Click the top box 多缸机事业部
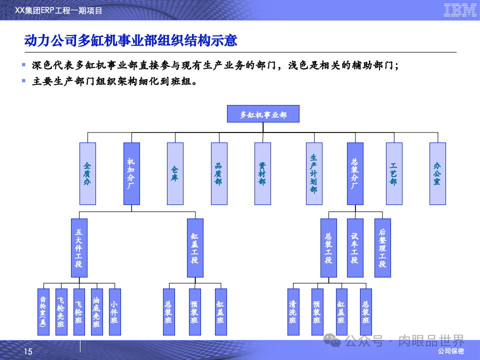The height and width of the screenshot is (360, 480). point(263,114)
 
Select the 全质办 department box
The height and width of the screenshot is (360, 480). point(87,173)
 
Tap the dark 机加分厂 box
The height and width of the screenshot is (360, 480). point(131,173)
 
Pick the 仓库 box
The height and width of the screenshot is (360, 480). point(175,173)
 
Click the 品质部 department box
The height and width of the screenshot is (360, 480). point(219,173)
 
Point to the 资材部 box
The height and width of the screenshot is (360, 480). point(262,173)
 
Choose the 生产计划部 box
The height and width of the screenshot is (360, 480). point(314,173)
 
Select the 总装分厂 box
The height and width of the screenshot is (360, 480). point(355,173)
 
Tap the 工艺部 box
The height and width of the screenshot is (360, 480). point(394,173)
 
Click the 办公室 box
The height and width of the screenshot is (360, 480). point(437,173)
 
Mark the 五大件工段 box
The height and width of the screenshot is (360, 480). point(79,248)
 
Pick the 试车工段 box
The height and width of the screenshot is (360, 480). point(355,248)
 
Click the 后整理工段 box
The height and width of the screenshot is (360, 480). point(382,248)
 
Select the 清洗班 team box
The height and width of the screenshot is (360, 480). point(293,311)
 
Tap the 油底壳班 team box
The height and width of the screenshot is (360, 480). point(97,311)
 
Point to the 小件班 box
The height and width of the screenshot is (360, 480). point(114,311)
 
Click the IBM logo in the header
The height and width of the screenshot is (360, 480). point(459,10)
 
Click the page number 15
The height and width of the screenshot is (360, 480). point(28,352)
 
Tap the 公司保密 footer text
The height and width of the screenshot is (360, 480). point(450,351)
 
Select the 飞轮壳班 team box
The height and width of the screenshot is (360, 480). point(61,311)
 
